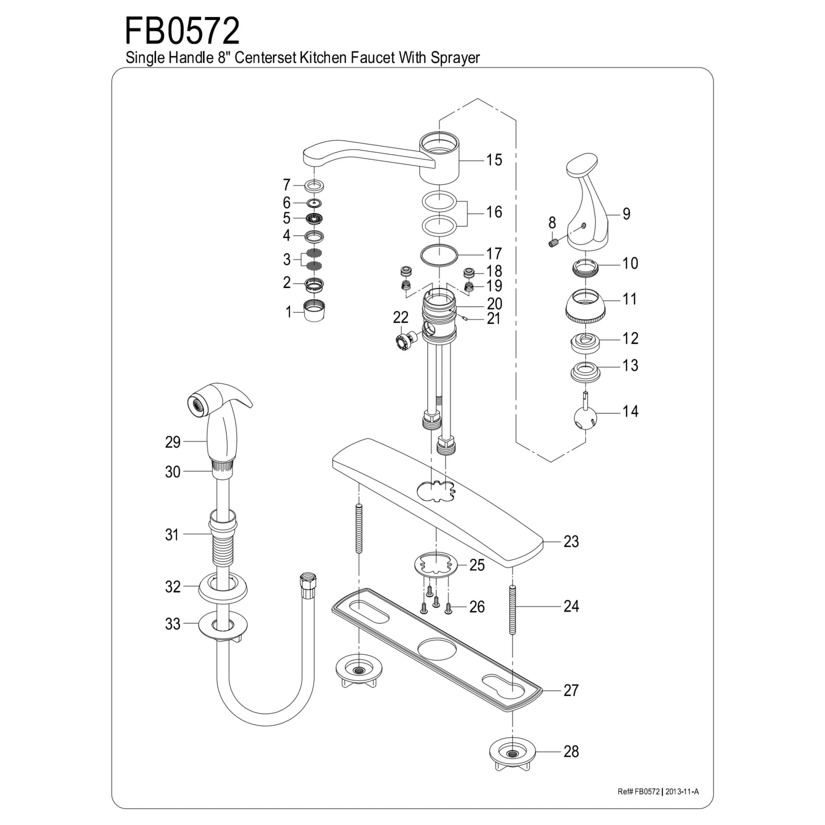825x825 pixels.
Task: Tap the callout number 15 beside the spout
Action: click(x=494, y=160)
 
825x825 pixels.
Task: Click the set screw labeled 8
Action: click(x=554, y=243)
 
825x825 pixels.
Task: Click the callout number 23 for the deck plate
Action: click(x=571, y=542)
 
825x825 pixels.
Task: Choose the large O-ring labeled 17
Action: click(x=438, y=255)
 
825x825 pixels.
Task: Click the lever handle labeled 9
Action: click(x=587, y=205)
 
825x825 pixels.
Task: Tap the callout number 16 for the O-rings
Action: click(x=494, y=212)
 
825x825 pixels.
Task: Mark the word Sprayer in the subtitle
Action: click(x=455, y=58)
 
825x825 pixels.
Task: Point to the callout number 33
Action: click(x=172, y=624)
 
